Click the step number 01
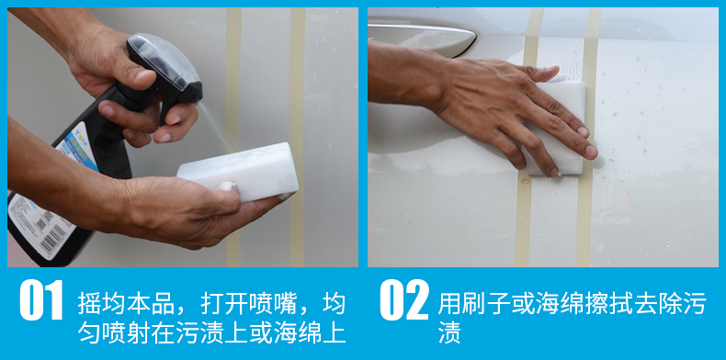(41, 299)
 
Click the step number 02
(404, 299)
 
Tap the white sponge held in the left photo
(238, 172)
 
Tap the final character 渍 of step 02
(449, 333)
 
